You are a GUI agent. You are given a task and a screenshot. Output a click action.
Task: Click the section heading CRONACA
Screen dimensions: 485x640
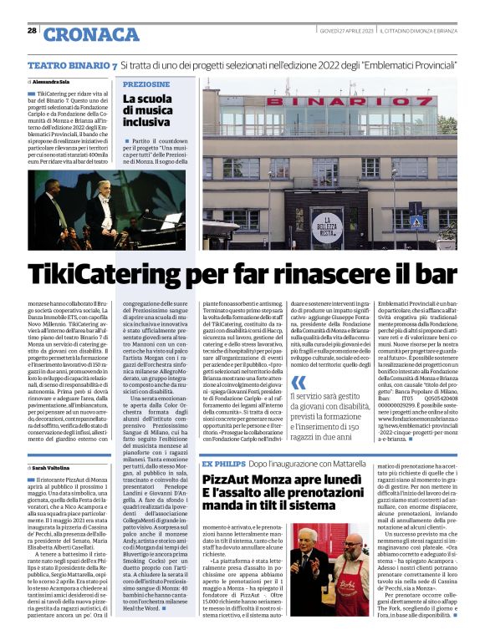[x=92, y=33]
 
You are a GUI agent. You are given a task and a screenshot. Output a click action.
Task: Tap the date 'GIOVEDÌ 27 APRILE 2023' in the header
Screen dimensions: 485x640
[x=345, y=31]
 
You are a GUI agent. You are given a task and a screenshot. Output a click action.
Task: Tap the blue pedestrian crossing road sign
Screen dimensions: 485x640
[x=416, y=223]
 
